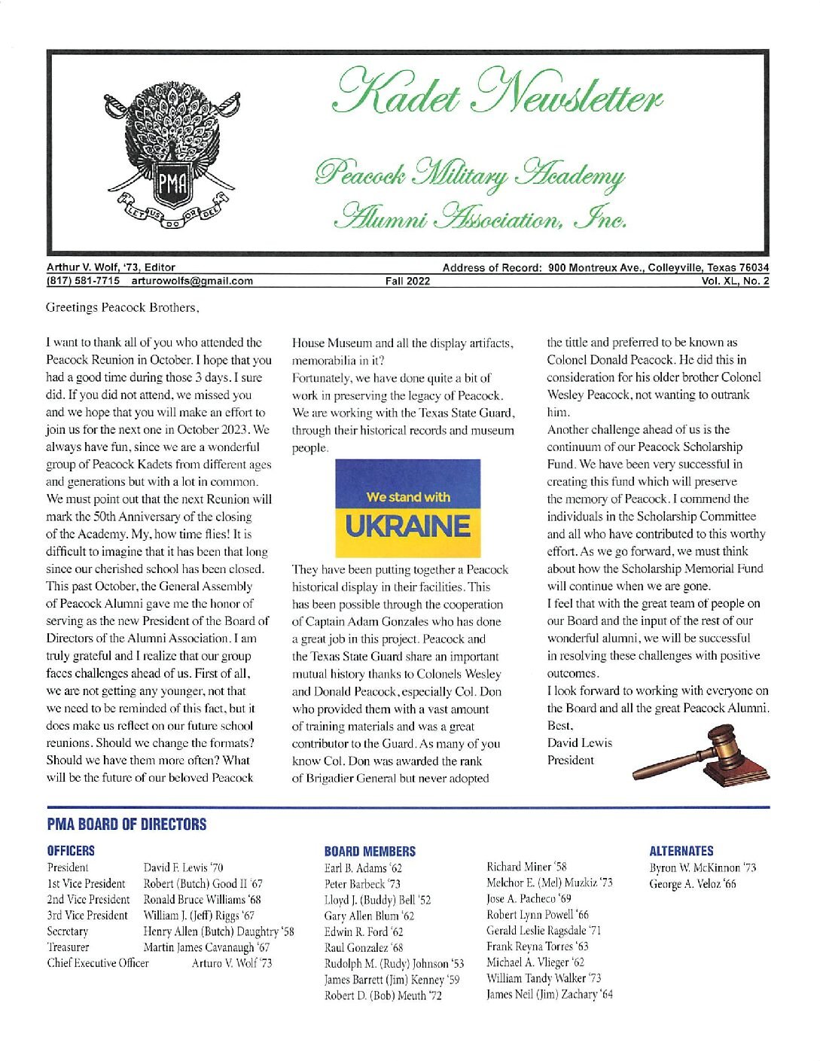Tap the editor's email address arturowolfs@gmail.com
pyautogui.click(x=192, y=282)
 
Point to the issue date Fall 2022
pyautogui.click(x=407, y=282)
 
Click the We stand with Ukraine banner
pyautogui.click(x=407, y=508)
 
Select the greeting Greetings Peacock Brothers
pyautogui.click(x=123, y=307)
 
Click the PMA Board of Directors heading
pyautogui.click(x=126, y=825)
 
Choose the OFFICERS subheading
pyautogui.click(x=71, y=851)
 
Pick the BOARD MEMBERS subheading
pyautogui.click(x=369, y=852)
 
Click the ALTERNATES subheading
pyautogui.click(x=681, y=851)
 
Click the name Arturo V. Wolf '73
pyautogui.click(x=231, y=963)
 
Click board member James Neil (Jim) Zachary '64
pyautogui.click(x=549, y=995)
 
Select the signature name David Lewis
pyautogui.click(x=579, y=743)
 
